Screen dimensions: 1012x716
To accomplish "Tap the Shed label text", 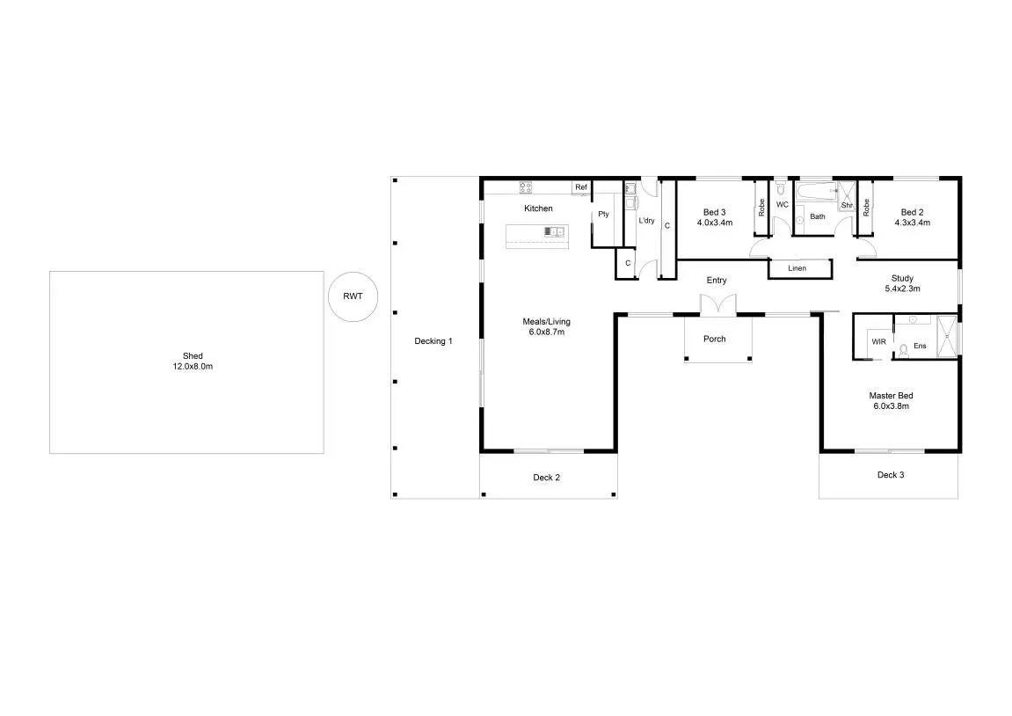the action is click(193, 355).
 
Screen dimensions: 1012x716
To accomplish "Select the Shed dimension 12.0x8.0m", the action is click(193, 366).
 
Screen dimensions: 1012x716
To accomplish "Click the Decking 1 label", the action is click(433, 341).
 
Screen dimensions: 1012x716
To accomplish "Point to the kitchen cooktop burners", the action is click(526, 187).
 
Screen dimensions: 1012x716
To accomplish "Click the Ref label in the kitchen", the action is click(581, 187).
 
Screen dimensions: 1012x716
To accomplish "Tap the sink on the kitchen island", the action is click(555, 231).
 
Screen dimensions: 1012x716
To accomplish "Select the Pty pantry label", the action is click(603, 214).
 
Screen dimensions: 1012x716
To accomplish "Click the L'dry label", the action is click(646, 220).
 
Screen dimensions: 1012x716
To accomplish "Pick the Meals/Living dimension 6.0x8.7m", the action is click(546, 332).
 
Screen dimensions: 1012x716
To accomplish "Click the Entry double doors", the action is click(717, 304).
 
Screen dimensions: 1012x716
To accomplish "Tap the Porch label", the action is click(715, 339).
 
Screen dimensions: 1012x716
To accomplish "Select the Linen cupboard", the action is click(799, 268).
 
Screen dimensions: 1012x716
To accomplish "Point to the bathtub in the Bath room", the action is click(817, 192).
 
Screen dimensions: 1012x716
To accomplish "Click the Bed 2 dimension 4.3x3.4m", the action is click(912, 223).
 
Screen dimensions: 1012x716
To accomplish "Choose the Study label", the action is click(902, 278).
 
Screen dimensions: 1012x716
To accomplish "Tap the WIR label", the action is click(878, 341).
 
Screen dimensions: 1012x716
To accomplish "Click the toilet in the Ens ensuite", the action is click(903, 349).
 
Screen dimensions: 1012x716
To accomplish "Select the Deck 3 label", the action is click(891, 474).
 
